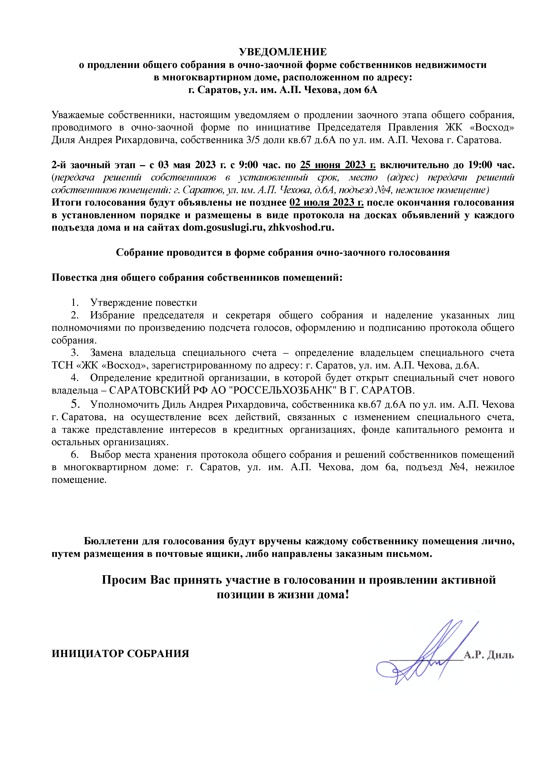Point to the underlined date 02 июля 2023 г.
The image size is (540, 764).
click(x=326, y=203)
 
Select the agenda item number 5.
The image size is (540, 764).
click(x=75, y=404)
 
